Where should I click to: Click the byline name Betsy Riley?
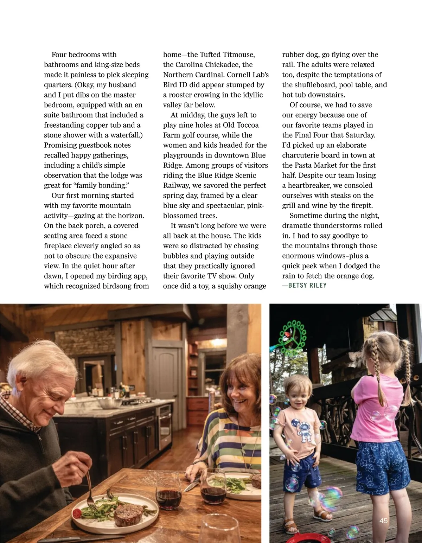pos(307,286)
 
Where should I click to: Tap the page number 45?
pos(384,520)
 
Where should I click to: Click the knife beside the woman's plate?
pos(192,486)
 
